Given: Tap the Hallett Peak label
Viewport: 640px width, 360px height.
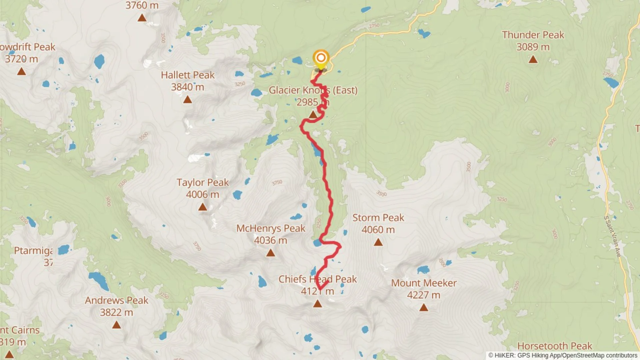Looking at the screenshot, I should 188,75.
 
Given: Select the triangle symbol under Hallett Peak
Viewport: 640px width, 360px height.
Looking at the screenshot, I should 187,99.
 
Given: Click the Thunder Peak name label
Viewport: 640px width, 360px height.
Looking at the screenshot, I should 533,35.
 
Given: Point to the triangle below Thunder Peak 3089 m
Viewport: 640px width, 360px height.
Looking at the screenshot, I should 533,60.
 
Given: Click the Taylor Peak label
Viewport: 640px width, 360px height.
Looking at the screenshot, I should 202,182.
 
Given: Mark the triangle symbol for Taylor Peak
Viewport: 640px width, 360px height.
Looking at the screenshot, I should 202,207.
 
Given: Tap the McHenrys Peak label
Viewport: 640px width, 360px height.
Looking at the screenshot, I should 270,228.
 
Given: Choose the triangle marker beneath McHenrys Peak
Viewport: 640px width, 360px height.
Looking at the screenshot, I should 270,253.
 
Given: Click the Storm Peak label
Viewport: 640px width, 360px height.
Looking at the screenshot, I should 378,218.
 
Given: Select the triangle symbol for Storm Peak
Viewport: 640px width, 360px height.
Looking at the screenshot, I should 378,242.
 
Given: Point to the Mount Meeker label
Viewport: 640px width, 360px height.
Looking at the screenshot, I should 423,283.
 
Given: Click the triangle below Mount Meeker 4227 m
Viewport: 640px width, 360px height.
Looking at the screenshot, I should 423,307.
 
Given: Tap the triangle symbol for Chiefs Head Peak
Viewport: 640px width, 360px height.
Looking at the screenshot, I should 317,304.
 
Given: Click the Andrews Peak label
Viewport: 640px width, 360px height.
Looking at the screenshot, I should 116,300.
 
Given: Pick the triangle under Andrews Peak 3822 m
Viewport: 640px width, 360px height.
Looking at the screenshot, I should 116,325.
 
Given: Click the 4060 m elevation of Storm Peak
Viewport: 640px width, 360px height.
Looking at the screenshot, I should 378,230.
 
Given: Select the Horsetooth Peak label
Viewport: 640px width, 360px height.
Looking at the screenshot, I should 554,346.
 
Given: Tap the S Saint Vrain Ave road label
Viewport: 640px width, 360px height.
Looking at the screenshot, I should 613,237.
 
